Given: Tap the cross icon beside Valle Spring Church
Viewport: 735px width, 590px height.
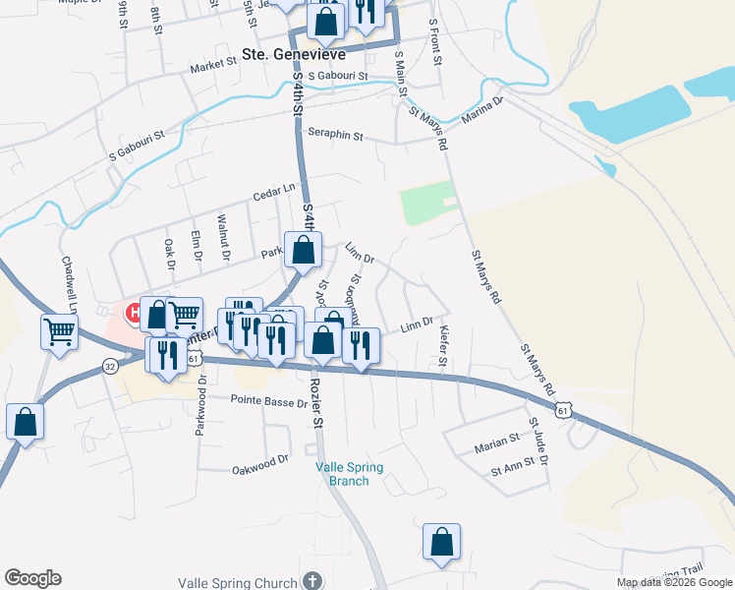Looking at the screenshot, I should [312, 581].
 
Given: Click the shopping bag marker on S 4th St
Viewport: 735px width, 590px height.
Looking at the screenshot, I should [304, 250].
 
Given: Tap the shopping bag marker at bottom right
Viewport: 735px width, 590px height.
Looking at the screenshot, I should [442, 540].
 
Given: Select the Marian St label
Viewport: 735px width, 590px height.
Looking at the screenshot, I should [496, 443].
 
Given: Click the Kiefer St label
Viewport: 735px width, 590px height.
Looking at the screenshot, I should [444, 349].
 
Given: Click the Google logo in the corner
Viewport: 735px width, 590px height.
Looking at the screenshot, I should [32, 578].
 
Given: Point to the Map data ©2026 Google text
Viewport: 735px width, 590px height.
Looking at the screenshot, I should [673, 582].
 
